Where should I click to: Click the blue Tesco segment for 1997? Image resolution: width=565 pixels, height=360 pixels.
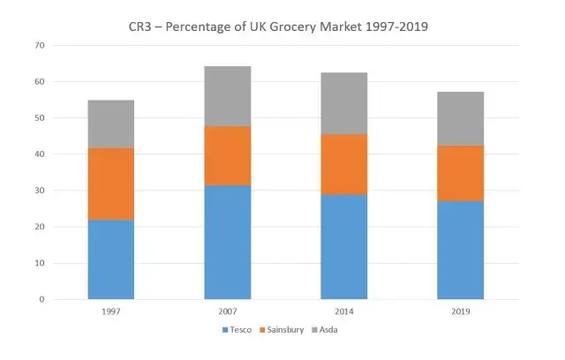tap(111, 259)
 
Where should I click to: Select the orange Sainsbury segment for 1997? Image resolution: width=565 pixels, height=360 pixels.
tap(111, 184)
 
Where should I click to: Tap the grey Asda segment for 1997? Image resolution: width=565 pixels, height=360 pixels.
tap(111, 124)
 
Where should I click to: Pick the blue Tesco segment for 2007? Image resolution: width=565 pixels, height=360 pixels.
tap(228, 243)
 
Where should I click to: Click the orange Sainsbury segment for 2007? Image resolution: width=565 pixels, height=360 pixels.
tap(228, 156)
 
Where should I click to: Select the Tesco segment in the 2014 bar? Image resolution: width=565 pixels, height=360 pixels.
tap(344, 247)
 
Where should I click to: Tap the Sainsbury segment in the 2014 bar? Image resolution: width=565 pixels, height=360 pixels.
tap(344, 164)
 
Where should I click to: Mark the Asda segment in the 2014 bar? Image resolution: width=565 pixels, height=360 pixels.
tap(344, 103)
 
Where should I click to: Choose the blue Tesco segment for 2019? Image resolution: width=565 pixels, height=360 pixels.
tap(461, 251)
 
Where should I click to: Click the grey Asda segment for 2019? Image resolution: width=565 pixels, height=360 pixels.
tap(461, 118)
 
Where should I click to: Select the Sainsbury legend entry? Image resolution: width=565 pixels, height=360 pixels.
tap(282, 330)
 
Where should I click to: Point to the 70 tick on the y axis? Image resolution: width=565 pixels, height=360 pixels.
tap(40, 45)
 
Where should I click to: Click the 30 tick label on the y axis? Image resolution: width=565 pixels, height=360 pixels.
tap(40, 191)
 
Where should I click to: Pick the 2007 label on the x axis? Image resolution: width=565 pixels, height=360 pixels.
tap(228, 311)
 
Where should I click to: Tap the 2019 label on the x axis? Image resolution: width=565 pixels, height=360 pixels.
tap(461, 311)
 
